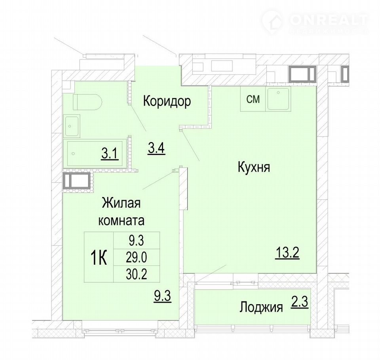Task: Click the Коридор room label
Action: [x=167, y=101]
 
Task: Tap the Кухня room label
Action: [x=254, y=167]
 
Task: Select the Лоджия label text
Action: [x=261, y=308]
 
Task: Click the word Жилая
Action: [x=121, y=203]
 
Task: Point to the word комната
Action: [x=121, y=220]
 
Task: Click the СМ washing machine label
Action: [x=253, y=99]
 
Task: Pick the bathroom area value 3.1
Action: [x=110, y=154]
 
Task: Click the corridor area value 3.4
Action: [x=156, y=148]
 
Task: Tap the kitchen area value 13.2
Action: [x=287, y=253]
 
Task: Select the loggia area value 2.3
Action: [x=300, y=302]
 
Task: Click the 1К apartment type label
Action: [x=99, y=258]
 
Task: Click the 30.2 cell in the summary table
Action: [x=136, y=275]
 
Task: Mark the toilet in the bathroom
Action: [x=87, y=102]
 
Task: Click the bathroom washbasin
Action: [x=72, y=126]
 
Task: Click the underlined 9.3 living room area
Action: [x=163, y=296]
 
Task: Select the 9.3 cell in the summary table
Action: [x=136, y=241]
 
